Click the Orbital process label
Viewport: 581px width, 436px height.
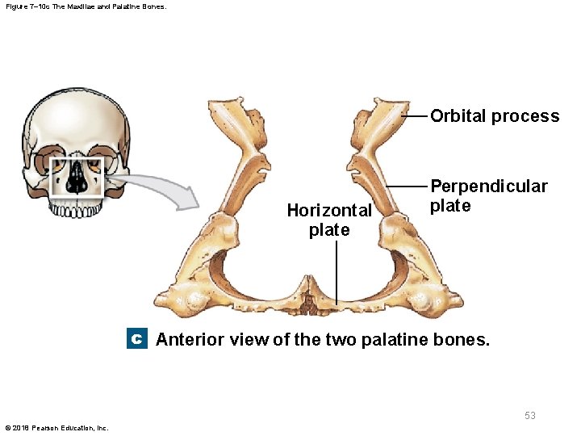pyautogui.click(x=494, y=116)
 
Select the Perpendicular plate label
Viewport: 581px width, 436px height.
pyautogui.click(x=488, y=196)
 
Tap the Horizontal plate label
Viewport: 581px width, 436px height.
pyautogui.click(x=329, y=220)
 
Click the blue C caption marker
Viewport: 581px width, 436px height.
pyautogui.click(x=136, y=340)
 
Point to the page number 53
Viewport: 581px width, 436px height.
pyautogui.click(x=530, y=416)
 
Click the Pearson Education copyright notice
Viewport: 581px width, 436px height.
pyautogui.click(x=56, y=427)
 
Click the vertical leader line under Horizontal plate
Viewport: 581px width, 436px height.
pyautogui.click(x=336, y=270)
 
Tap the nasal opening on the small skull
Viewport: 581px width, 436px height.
pyautogui.click(x=77, y=179)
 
